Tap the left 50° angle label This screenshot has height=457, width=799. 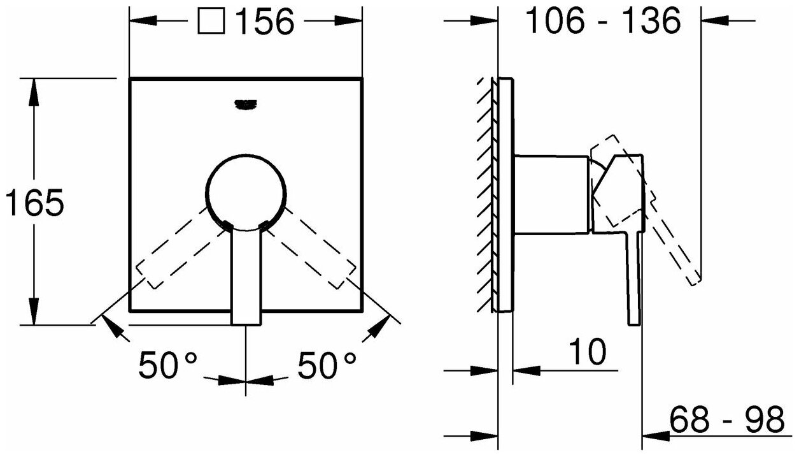tap(168, 366)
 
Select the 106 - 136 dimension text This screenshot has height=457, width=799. tap(603, 22)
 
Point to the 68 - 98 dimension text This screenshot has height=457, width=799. tap(726, 421)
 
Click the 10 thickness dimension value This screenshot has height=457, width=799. tap(586, 352)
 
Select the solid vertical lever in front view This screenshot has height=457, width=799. tap(246, 277)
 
